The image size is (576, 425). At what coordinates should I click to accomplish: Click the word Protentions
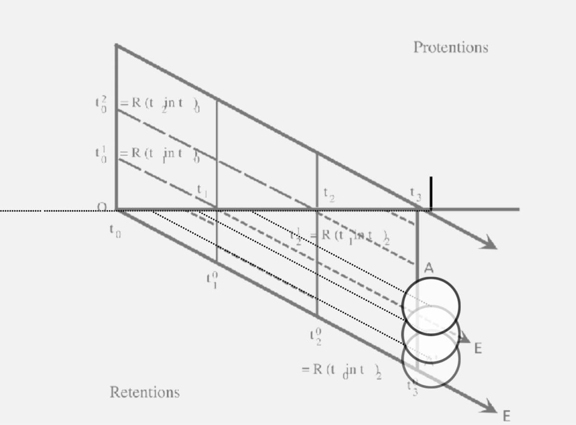pyautogui.click(x=450, y=48)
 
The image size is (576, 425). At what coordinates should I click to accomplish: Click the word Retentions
pyautogui.click(x=144, y=392)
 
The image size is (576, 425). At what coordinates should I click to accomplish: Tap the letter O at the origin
pyautogui.click(x=102, y=207)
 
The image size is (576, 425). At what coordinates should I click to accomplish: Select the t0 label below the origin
pyautogui.click(x=115, y=231)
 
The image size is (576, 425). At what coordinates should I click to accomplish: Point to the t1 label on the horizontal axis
pyautogui.click(x=202, y=191)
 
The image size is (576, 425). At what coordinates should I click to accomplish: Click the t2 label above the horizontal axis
pyautogui.click(x=329, y=194)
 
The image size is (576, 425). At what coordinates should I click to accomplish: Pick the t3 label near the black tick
pyautogui.click(x=416, y=193)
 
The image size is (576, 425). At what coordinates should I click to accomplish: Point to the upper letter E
pyautogui.click(x=478, y=349)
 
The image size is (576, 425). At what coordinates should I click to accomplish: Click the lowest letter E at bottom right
pyautogui.click(x=506, y=416)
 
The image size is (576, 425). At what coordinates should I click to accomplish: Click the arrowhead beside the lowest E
pyautogui.click(x=490, y=408)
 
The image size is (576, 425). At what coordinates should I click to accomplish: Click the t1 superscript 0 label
pyautogui.click(x=212, y=279)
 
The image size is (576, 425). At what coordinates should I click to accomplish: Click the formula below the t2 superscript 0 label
pyautogui.click(x=341, y=370)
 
